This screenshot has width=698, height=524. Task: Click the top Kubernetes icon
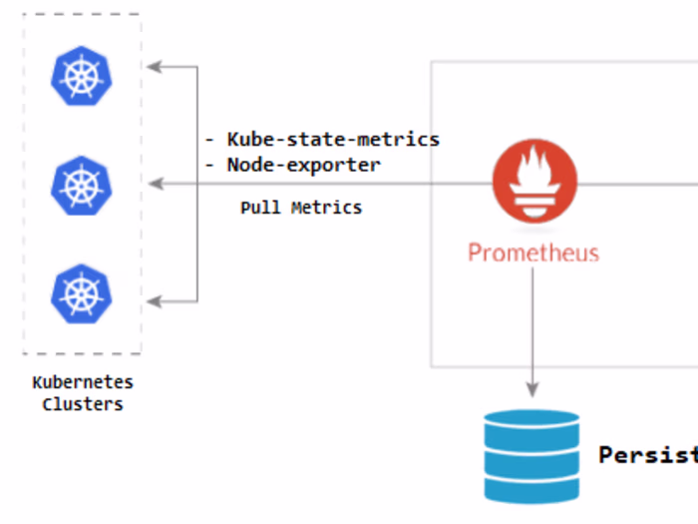tap(82, 76)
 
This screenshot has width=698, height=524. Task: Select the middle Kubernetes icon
tap(82, 185)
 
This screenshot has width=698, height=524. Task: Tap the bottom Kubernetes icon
tap(82, 293)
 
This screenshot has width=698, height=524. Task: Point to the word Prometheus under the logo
tap(533, 253)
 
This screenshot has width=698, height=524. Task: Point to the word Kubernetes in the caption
tap(83, 382)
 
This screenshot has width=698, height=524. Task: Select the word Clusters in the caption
tap(83, 404)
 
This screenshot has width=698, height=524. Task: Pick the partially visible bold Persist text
tap(646, 455)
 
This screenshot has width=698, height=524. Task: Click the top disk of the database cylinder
tap(531, 420)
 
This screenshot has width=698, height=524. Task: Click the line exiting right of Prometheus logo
tap(638, 184)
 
